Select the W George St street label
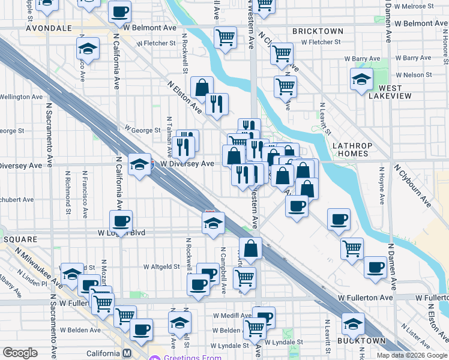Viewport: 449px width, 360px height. (142, 130)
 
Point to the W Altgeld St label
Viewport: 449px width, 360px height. (161, 266)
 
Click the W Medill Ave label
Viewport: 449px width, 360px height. (232, 315)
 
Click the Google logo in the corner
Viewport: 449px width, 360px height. (20, 353)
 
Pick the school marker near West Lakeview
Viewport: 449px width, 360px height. (361, 79)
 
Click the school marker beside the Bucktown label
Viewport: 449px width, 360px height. (353, 324)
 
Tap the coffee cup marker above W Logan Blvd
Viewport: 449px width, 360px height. (121, 221)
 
